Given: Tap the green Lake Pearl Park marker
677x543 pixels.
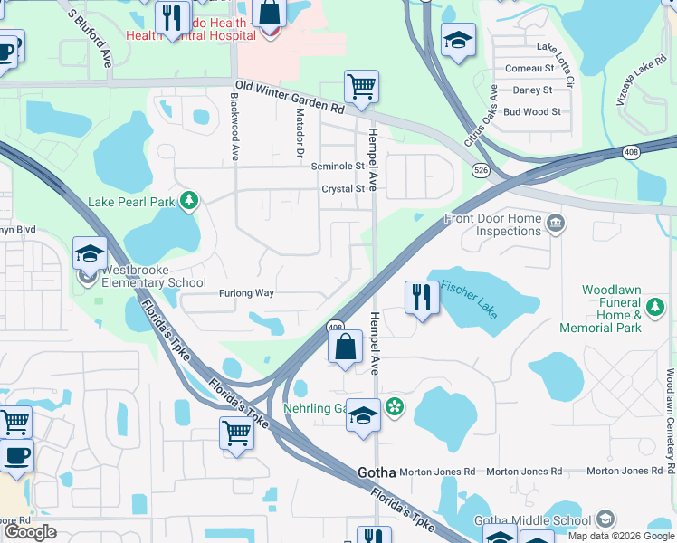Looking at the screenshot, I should pyautogui.click(x=189, y=200).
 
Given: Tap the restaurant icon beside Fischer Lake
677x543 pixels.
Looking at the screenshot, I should pyautogui.click(x=421, y=297).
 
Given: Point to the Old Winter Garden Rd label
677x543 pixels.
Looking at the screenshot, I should pyautogui.click(x=290, y=96).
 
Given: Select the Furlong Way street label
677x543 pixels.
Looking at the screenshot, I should pyautogui.click(x=245, y=293).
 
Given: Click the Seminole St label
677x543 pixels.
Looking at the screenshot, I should pyautogui.click(x=338, y=167).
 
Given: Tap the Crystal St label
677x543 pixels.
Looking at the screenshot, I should pyautogui.click(x=343, y=189).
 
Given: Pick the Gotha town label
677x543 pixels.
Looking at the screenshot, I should pyautogui.click(x=377, y=472).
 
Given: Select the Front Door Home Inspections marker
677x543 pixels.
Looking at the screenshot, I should pyautogui.click(x=555, y=222).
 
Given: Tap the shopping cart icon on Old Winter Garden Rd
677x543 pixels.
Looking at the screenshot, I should pyautogui.click(x=361, y=87).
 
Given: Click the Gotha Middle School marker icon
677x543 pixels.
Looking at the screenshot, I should pyautogui.click(x=605, y=519).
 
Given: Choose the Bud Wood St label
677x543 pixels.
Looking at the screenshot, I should pyautogui.click(x=532, y=112).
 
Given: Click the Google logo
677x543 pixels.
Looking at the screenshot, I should pyautogui.click(x=31, y=531).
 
